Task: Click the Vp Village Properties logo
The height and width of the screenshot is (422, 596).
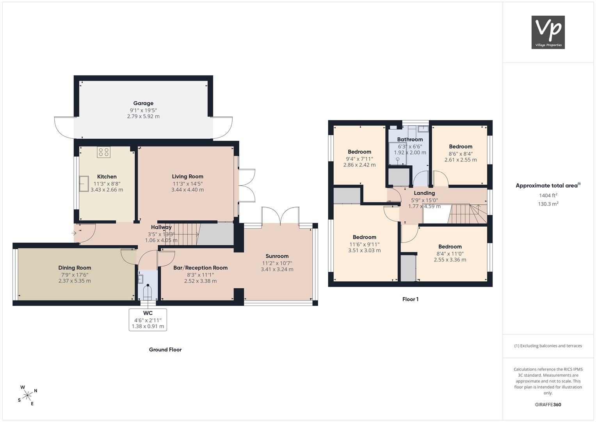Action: pos(548,32)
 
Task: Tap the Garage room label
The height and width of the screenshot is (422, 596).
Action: pos(143,103)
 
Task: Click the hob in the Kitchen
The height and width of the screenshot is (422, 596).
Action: pos(103,152)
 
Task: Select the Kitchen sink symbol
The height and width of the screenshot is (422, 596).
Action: pos(84,184)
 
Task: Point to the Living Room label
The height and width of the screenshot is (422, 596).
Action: pos(187,176)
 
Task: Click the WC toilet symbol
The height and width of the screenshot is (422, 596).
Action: pos(148,292)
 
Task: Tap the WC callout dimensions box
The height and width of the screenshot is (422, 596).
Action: pos(148,320)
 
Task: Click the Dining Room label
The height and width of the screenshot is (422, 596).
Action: pos(75,268)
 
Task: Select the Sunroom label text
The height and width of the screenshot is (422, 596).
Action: pos(277,256)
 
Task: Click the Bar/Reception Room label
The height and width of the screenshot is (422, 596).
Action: pos(200,268)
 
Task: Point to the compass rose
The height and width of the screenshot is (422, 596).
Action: pos(27,395)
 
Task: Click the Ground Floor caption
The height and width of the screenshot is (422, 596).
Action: pos(165,350)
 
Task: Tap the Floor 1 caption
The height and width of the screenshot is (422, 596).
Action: pos(410,299)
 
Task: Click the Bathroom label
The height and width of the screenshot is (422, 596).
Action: pos(410,139)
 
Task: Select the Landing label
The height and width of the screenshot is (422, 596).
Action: pos(424,193)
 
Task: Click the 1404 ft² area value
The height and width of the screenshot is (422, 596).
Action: pos(548,195)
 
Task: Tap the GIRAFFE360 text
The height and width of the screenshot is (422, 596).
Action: pos(548,404)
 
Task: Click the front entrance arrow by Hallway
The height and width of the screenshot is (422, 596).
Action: pos(74,233)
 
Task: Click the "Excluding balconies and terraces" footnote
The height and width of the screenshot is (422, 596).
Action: pos(548,346)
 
